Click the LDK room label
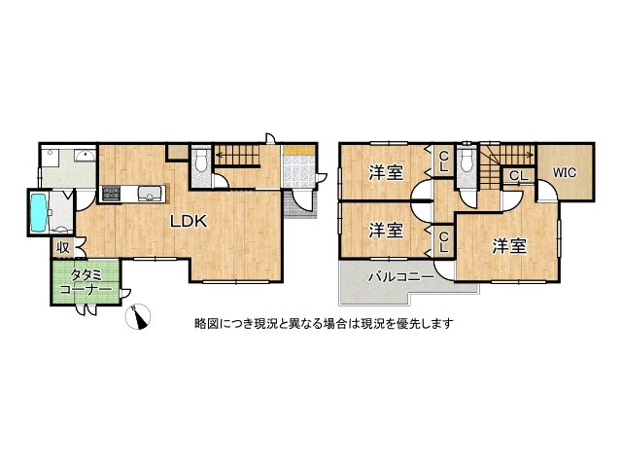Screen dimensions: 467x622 pyautogui.click(x=189, y=221)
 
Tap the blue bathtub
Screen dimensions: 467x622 pyautogui.click(x=40, y=212)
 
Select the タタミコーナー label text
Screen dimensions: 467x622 pyautogui.click(x=85, y=283)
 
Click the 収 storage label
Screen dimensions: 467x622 pyautogui.click(x=62, y=247)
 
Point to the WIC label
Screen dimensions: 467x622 pyautogui.click(x=565, y=173)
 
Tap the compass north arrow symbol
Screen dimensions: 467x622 pyautogui.click(x=140, y=316)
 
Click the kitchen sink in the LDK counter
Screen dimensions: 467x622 pyautogui.click(x=150, y=191)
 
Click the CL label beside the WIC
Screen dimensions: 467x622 pyautogui.click(x=517, y=176)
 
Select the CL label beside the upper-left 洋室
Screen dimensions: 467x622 pyautogui.click(x=442, y=161)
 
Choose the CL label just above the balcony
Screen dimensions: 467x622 pyautogui.click(x=442, y=240)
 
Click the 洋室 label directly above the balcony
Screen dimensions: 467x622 pyautogui.click(x=386, y=231)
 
